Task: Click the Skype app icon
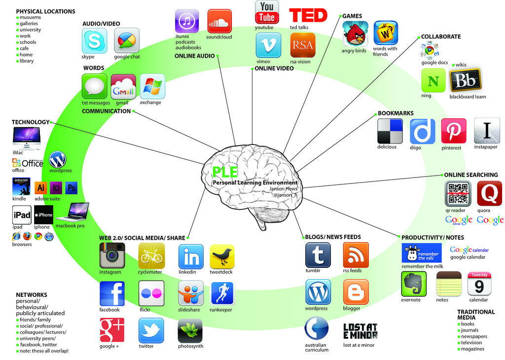pos(94,41)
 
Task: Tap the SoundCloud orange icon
pos(219,21)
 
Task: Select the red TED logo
pos(308,15)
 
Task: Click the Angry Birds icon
pos(355,34)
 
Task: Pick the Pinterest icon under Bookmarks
pos(454,131)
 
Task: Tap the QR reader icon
pos(458,193)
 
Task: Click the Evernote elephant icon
pos(414,284)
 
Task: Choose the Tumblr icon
pos(318,255)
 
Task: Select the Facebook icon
pos(112,293)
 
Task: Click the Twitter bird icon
pos(151,330)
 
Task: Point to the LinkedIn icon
pos(191,256)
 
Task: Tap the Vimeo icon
pos(268,45)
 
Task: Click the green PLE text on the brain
pos(225,172)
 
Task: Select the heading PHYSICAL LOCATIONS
pos(46,11)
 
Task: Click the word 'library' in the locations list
pos(27,61)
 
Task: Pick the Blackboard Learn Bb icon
pos(465,80)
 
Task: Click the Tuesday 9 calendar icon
pos(479,284)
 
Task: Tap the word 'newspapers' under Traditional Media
pos(474,336)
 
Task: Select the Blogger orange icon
pos(356,292)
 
